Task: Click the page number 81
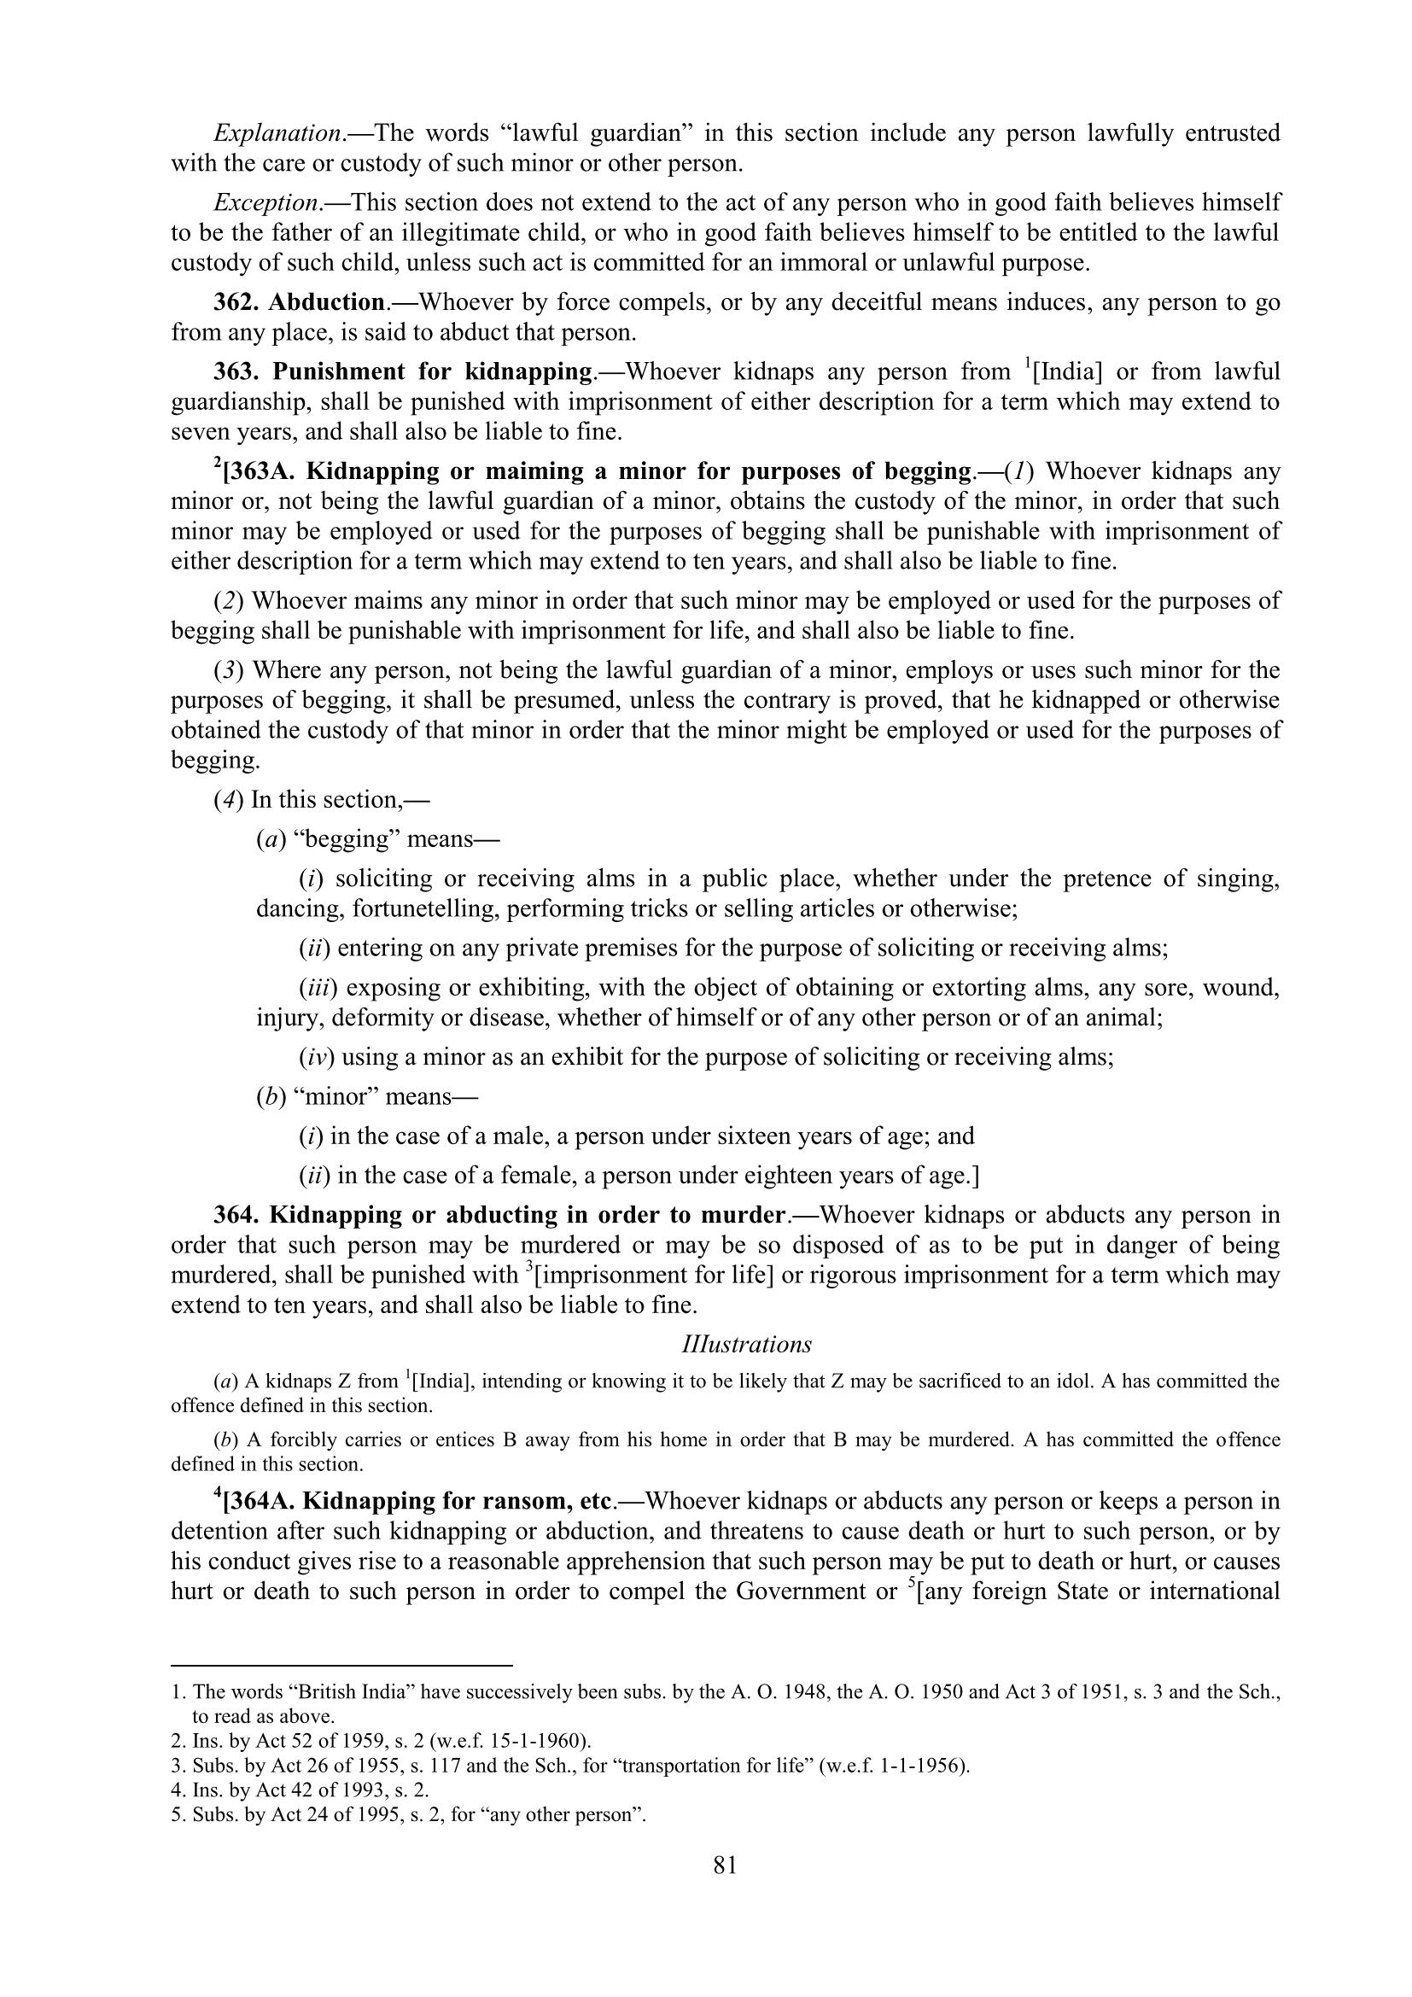(x=724, y=1865)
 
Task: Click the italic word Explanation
(x=277, y=133)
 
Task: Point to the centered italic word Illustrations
(x=747, y=1344)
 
